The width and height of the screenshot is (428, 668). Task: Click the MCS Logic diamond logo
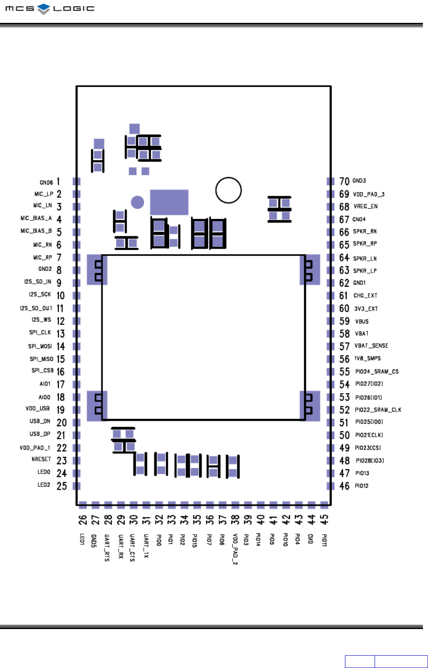[x=44, y=9]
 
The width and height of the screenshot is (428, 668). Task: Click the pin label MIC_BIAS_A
[x=36, y=218]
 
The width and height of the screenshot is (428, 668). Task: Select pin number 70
[x=344, y=181]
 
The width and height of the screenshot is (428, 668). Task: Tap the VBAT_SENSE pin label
[x=371, y=346]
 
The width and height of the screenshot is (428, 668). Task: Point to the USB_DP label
[x=40, y=434]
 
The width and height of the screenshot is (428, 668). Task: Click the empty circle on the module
[x=228, y=190]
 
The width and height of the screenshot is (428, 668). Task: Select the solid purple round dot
[x=137, y=202]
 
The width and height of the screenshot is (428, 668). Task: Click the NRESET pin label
[x=41, y=459]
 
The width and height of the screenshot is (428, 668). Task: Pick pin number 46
[x=344, y=486]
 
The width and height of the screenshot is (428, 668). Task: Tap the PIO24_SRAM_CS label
[x=377, y=371]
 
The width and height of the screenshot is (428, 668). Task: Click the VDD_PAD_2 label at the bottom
[x=235, y=549]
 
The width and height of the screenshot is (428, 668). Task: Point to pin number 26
[x=83, y=520]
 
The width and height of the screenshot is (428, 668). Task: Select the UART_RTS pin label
[x=107, y=547]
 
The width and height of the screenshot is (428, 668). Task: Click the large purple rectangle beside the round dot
[x=169, y=202]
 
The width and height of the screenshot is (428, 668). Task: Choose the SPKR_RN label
[x=364, y=231]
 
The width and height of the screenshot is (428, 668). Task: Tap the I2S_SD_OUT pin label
[x=36, y=308]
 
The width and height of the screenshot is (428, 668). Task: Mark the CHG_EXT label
[x=365, y=296]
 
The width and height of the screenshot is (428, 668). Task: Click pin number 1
[x=58, y=182]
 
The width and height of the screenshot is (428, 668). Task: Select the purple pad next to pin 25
[x=77, y=486]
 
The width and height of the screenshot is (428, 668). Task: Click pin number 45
[x=324, y=520]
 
